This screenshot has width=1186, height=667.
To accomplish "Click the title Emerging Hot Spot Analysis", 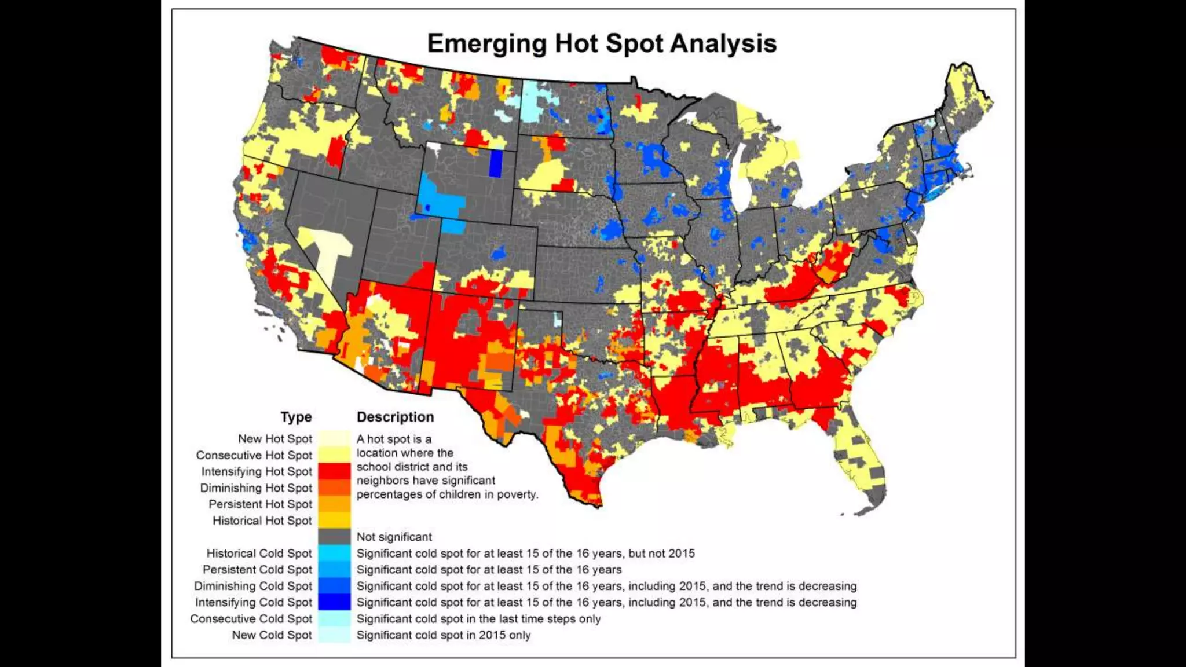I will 602,43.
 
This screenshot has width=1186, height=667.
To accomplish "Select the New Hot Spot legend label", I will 274,439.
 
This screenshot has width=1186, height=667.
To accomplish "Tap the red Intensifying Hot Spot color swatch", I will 334,471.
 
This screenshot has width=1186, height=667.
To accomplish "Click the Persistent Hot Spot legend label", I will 260,504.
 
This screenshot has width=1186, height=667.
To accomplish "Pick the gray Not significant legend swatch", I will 334,536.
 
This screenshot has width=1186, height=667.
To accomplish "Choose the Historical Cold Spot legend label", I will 259,554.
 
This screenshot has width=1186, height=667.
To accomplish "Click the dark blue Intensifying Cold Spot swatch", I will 334,602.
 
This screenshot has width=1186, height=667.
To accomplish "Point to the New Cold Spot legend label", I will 272,635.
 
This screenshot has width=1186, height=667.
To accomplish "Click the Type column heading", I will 296,417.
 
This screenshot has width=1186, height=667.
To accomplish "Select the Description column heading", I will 395,417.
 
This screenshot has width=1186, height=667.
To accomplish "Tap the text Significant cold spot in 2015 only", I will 443,635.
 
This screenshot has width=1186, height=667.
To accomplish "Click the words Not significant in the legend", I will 394,537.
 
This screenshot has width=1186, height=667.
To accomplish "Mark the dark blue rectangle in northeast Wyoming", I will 495,163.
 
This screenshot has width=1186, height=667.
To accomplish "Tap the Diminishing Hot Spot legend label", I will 255,488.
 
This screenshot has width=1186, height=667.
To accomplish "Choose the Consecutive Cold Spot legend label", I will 251,619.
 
